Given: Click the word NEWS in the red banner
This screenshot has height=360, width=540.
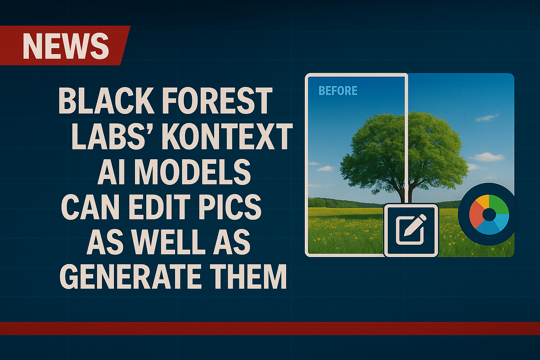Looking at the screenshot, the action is [x=66, y=46].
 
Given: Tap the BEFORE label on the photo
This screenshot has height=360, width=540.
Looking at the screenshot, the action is [x=338, y=91].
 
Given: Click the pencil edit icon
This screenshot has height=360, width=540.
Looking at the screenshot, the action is [x=411, y=230].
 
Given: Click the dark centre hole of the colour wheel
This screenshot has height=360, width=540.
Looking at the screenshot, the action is [x=489, y=214].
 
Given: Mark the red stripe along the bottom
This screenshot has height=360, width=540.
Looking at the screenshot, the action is [x=270, y=328].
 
